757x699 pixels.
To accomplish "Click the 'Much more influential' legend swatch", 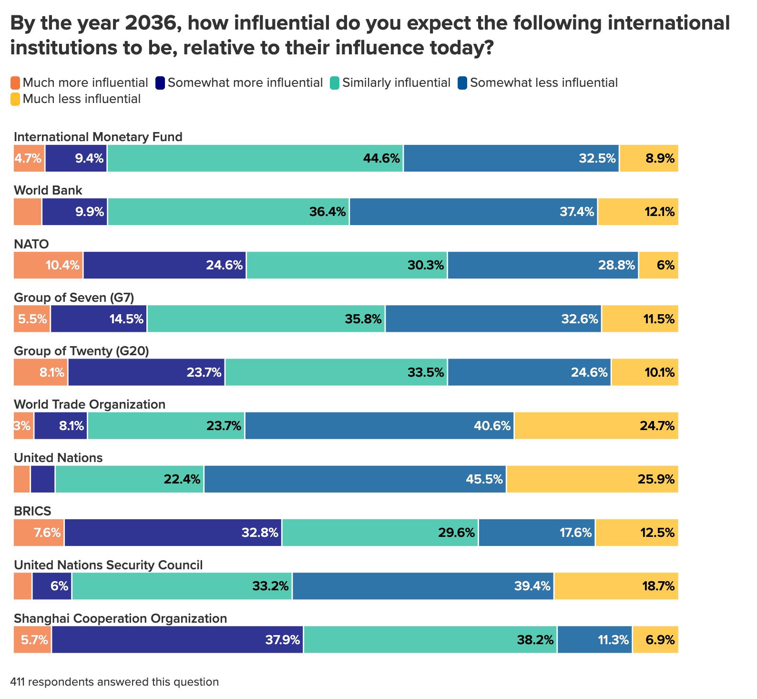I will click(15, 83).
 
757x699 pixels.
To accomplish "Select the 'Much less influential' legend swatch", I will click(15, 99).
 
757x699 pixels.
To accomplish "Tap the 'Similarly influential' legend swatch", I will click(335, 83).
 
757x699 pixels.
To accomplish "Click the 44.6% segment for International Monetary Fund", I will click(255, 158).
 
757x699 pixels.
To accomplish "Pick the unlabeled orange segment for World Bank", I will click(27, 212).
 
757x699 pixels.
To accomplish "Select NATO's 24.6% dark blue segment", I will click(164, 265).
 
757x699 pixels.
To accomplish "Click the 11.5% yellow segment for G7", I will click(640, 319).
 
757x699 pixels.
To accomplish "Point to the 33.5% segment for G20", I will click(336, 372).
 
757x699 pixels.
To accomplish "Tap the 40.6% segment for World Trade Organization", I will click(379, 426).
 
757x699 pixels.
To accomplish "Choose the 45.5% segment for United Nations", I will click(355, 479).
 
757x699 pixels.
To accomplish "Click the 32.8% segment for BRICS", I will click(173, 533).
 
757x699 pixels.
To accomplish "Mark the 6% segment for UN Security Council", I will click(52, 586).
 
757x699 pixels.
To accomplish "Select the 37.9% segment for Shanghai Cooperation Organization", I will click(177, 639).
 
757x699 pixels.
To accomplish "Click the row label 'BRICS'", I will click(32, 511).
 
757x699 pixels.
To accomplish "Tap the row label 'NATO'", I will click(31, 244).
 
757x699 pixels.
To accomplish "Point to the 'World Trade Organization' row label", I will click(90, 404).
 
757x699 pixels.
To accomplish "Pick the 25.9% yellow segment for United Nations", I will click(593, 479).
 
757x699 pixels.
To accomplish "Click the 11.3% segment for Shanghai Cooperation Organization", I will click(594, 639).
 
